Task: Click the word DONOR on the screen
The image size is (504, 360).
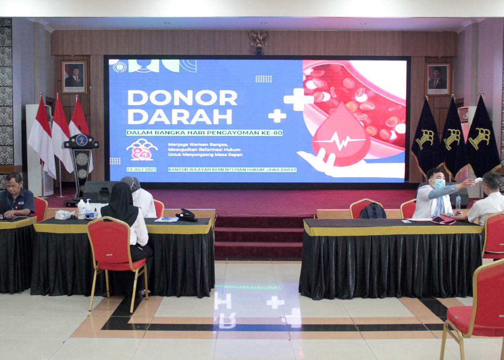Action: [x=182, y=98]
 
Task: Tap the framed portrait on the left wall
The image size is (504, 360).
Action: [x=74, y=77]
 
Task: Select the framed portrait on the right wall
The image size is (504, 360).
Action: [x=438, y=79]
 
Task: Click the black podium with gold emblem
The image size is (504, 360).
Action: [x=81, y=163]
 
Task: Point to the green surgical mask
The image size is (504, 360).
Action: [x=439, y=183]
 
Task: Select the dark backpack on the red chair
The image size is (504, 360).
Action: [x=373, y=211]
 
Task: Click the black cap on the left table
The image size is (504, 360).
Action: [x=186, y=216]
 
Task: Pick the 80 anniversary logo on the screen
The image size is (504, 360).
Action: [x=142, y=150]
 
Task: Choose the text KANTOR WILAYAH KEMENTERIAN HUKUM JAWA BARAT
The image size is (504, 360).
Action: [x=232, y=169]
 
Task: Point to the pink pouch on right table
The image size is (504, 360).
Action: [x=443, y=220]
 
